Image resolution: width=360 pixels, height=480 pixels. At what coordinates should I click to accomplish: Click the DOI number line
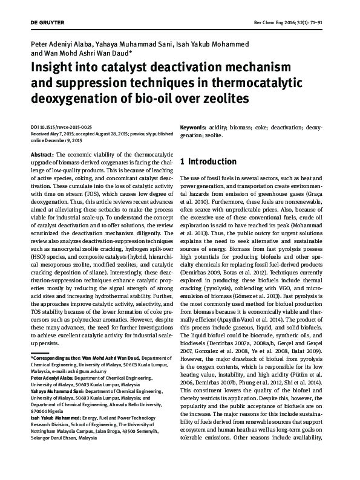(61, 128)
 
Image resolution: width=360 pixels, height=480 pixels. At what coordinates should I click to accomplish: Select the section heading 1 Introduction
(208, 162)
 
